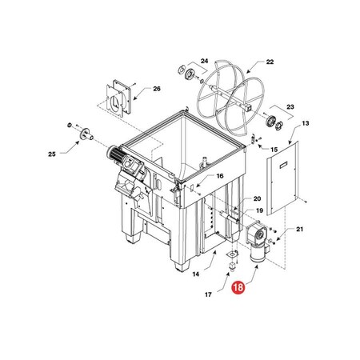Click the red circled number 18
click(x=238, y=285)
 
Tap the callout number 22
click(x=270, y=62)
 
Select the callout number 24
click(x=204, y=62)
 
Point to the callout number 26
click(x=156, y=89)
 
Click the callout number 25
click(x=54, y=153)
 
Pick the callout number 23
click(x=290, y=106)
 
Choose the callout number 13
click(x=305, y=124)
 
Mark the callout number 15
click(x=274, y=150)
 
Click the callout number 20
click(x=257, y=198)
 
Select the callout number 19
click(x=258, y=211)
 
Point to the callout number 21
click(x=300, y=230)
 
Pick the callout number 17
click(x=209, y=294)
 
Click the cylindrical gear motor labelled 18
click(x=257, y=249)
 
